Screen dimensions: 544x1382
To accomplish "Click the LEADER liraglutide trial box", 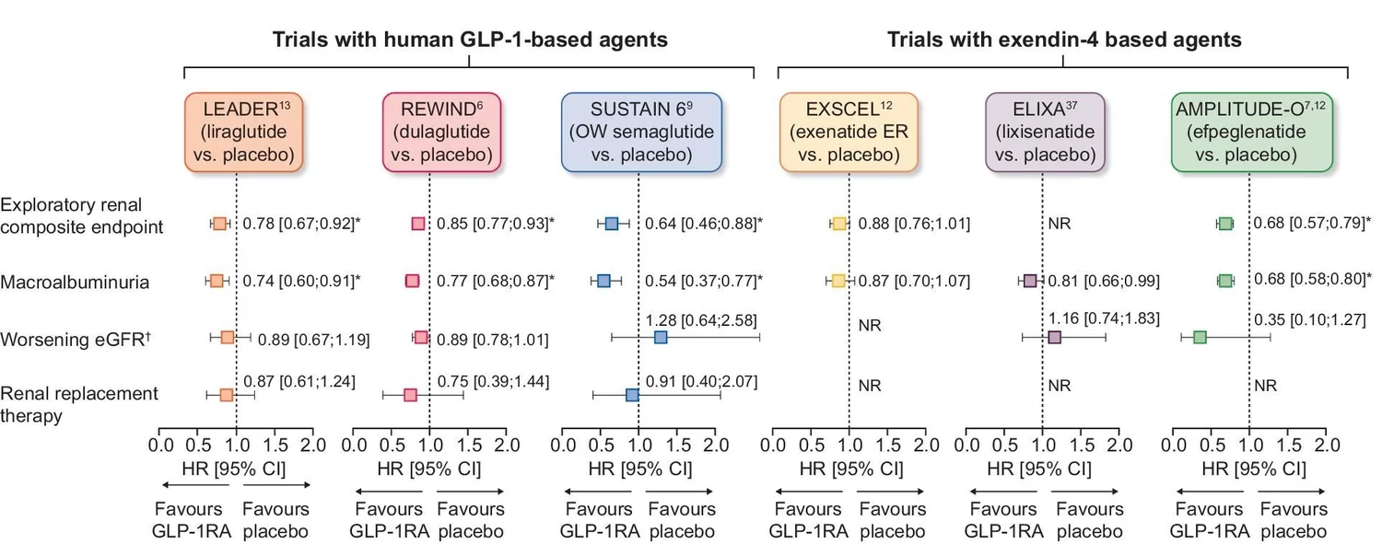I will click(x=245, y=132).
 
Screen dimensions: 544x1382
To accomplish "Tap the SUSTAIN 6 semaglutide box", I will click(x=641, y=132).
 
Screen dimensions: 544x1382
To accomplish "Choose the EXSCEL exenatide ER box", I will click(x=849, y=132).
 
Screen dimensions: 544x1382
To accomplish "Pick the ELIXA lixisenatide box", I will click(x=1045, y=132).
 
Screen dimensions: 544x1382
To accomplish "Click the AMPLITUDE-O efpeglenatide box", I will click(x=1250, y=132).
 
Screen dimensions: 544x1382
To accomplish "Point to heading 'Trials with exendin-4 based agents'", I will click(x=1064, y=40).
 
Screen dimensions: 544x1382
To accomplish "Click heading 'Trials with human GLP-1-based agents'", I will click(x=470, y=40).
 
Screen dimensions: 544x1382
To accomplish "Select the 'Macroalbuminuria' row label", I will click(x=76, y=283).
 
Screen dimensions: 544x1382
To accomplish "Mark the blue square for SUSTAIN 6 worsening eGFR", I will click(x=660, y=338).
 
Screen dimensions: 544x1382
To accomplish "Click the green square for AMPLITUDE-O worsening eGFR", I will click(x=1200, y=338).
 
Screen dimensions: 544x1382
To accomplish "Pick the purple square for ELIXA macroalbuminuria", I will click(x=1030, y=281).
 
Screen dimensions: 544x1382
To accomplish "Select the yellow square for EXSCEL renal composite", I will click(x=838, y=224).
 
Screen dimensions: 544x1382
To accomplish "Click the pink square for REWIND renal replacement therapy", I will click(x=410, y=395).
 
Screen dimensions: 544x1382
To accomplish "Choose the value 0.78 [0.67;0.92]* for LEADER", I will click(x=300, y=224).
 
